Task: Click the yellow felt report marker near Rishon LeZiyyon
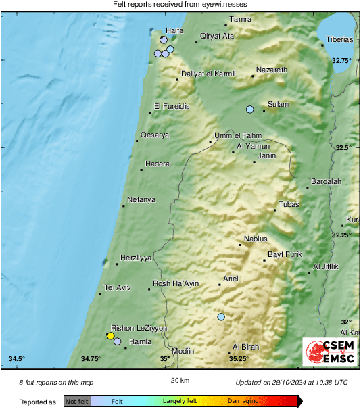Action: (x=111, y=335)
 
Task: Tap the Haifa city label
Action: (x=176, y=30)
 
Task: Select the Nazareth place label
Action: (x=272, y=70)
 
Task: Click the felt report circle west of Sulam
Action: (x=250, y=110)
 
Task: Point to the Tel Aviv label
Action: (x=118, y=287)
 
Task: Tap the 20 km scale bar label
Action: (x=180, y=379)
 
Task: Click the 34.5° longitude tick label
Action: (x=17, y=358)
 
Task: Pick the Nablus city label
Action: (x=256, y=239)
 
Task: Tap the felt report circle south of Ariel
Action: (x=221, y=316)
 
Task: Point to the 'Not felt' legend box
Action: (x=77, y=402)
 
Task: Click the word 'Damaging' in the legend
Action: (x=243, y=402)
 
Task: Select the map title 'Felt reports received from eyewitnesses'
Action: (x=180, y=4)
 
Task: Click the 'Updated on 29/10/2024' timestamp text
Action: (x=292, y=383)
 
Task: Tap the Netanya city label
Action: (x=141, y=199)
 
